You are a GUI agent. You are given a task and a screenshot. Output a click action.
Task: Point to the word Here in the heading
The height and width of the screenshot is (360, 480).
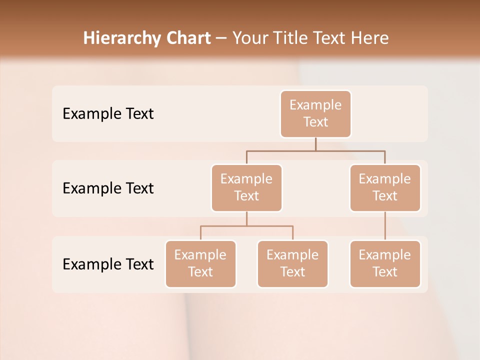pyautogui.click(x=370, y=38)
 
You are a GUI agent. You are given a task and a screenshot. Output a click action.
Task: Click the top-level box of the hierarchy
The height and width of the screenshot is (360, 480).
pyautogui.click(x=315, y=113)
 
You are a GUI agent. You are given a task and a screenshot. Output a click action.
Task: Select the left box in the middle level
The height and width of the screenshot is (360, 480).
pyautogui.click(x=246, y=187)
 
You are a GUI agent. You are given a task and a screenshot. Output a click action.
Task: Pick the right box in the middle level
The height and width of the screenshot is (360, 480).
pyautogui.click(x=385, y=187)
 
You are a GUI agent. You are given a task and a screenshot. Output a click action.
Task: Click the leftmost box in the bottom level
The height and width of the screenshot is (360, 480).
pyautogui.click(x=200, y=263)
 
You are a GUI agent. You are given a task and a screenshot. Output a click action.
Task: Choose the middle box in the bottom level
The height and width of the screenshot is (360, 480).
pyautogui.click(x=292, y=263)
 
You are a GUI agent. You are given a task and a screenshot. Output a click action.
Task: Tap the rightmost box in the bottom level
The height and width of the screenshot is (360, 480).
pyautogui.click(x=385, y=263)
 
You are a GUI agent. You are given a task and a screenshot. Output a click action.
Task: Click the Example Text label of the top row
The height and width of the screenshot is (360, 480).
pyautogui.click(x=108, y=114)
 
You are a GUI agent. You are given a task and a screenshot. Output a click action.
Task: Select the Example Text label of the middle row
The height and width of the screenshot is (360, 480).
pyautogui.click(x=108, y=188)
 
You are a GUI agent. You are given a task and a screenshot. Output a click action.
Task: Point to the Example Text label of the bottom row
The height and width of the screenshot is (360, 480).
pyautogui.click(x=108, y=264)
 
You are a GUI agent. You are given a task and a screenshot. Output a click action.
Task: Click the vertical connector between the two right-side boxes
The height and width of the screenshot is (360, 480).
pyautogui.click(x=385, y=226)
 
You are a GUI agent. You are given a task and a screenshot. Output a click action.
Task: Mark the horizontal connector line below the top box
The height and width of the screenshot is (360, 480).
pyautogui.click(x=315, y=150)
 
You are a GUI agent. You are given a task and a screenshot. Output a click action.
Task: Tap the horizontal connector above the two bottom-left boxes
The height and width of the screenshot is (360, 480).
pyautogui.click(x=246, y=226)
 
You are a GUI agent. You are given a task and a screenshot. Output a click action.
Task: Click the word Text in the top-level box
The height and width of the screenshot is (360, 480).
pyautogui.click(x=315, y=122)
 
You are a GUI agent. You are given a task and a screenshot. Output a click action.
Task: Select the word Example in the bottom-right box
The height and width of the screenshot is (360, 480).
pyautogui.click(x=385, y=255)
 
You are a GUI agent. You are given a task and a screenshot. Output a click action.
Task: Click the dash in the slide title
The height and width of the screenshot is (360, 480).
pyautogui.click(x=221, y=38)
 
